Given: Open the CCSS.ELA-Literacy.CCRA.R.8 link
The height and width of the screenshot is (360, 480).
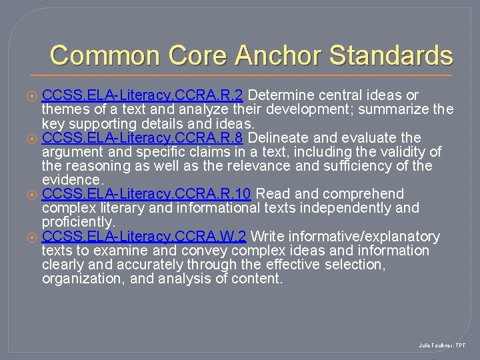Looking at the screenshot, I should (144, 137).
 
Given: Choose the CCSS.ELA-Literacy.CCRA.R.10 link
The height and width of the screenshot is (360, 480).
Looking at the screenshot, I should (146, 194).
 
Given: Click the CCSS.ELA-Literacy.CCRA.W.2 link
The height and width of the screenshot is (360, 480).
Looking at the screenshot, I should (144, 237).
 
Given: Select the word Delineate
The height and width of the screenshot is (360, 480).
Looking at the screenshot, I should (276, 137).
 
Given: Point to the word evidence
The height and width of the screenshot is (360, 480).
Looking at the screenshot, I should (72, 180).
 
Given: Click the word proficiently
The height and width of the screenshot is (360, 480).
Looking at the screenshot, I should (78, 222).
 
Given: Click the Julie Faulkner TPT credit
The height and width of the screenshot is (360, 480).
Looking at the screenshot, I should (443, 346).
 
